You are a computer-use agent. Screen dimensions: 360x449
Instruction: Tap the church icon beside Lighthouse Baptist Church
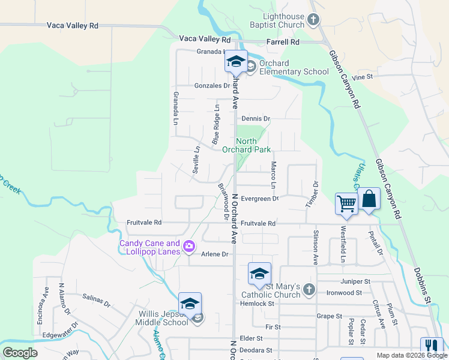(x=313, y=21)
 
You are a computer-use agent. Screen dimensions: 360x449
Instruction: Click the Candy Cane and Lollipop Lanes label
(x=149, y=247)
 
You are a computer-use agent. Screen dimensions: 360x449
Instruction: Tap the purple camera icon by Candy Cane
(x=189, y=246)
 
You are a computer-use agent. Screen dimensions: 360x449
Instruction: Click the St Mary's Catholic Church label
(x=271, y=290)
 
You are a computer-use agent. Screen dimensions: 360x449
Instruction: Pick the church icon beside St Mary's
(x=309, y=290)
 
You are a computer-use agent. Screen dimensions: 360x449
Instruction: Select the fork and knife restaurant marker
(x=431, y=347)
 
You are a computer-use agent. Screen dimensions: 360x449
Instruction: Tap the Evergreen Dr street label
(x=260, y=199)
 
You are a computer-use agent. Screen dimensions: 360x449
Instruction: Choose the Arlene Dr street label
(x=215, y=254)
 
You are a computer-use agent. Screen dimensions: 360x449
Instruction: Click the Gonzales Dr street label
(x=212, y=86)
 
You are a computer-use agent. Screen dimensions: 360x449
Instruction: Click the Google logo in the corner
(x=20, y=353)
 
